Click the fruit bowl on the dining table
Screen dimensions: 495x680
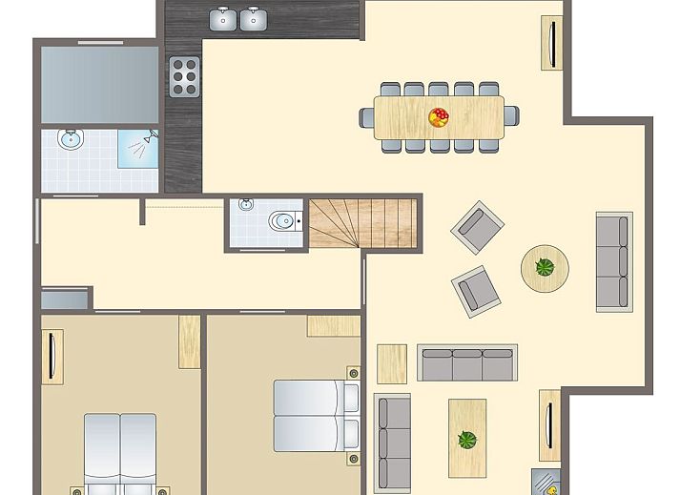pyautogui.click(x=439, y=117)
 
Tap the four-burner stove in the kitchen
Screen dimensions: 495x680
pyautogui.click(x=184, y=76)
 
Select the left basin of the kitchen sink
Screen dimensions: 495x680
pyautogui.click(x=225, y=18)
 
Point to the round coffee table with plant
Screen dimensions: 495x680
pyautogui.click(x=545, y=267)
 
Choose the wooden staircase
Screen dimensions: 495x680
pyautogui.click(x=363, y=223)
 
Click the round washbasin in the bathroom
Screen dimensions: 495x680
pyautogui.click(x=70, y=140)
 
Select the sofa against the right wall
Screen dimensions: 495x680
pyautogui.click(x=614, y=261)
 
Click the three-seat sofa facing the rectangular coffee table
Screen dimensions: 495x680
pyautogui.click(x=467, y=363)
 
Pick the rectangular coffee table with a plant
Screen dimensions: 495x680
pyautogui.click(x=467, y=438)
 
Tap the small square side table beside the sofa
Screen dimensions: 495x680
pyautogui.click(x=391, y=362)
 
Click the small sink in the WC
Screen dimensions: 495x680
pyautogui.click(x=245, y=205)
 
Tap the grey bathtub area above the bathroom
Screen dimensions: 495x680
pyautogui.click(x=98, y=84)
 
